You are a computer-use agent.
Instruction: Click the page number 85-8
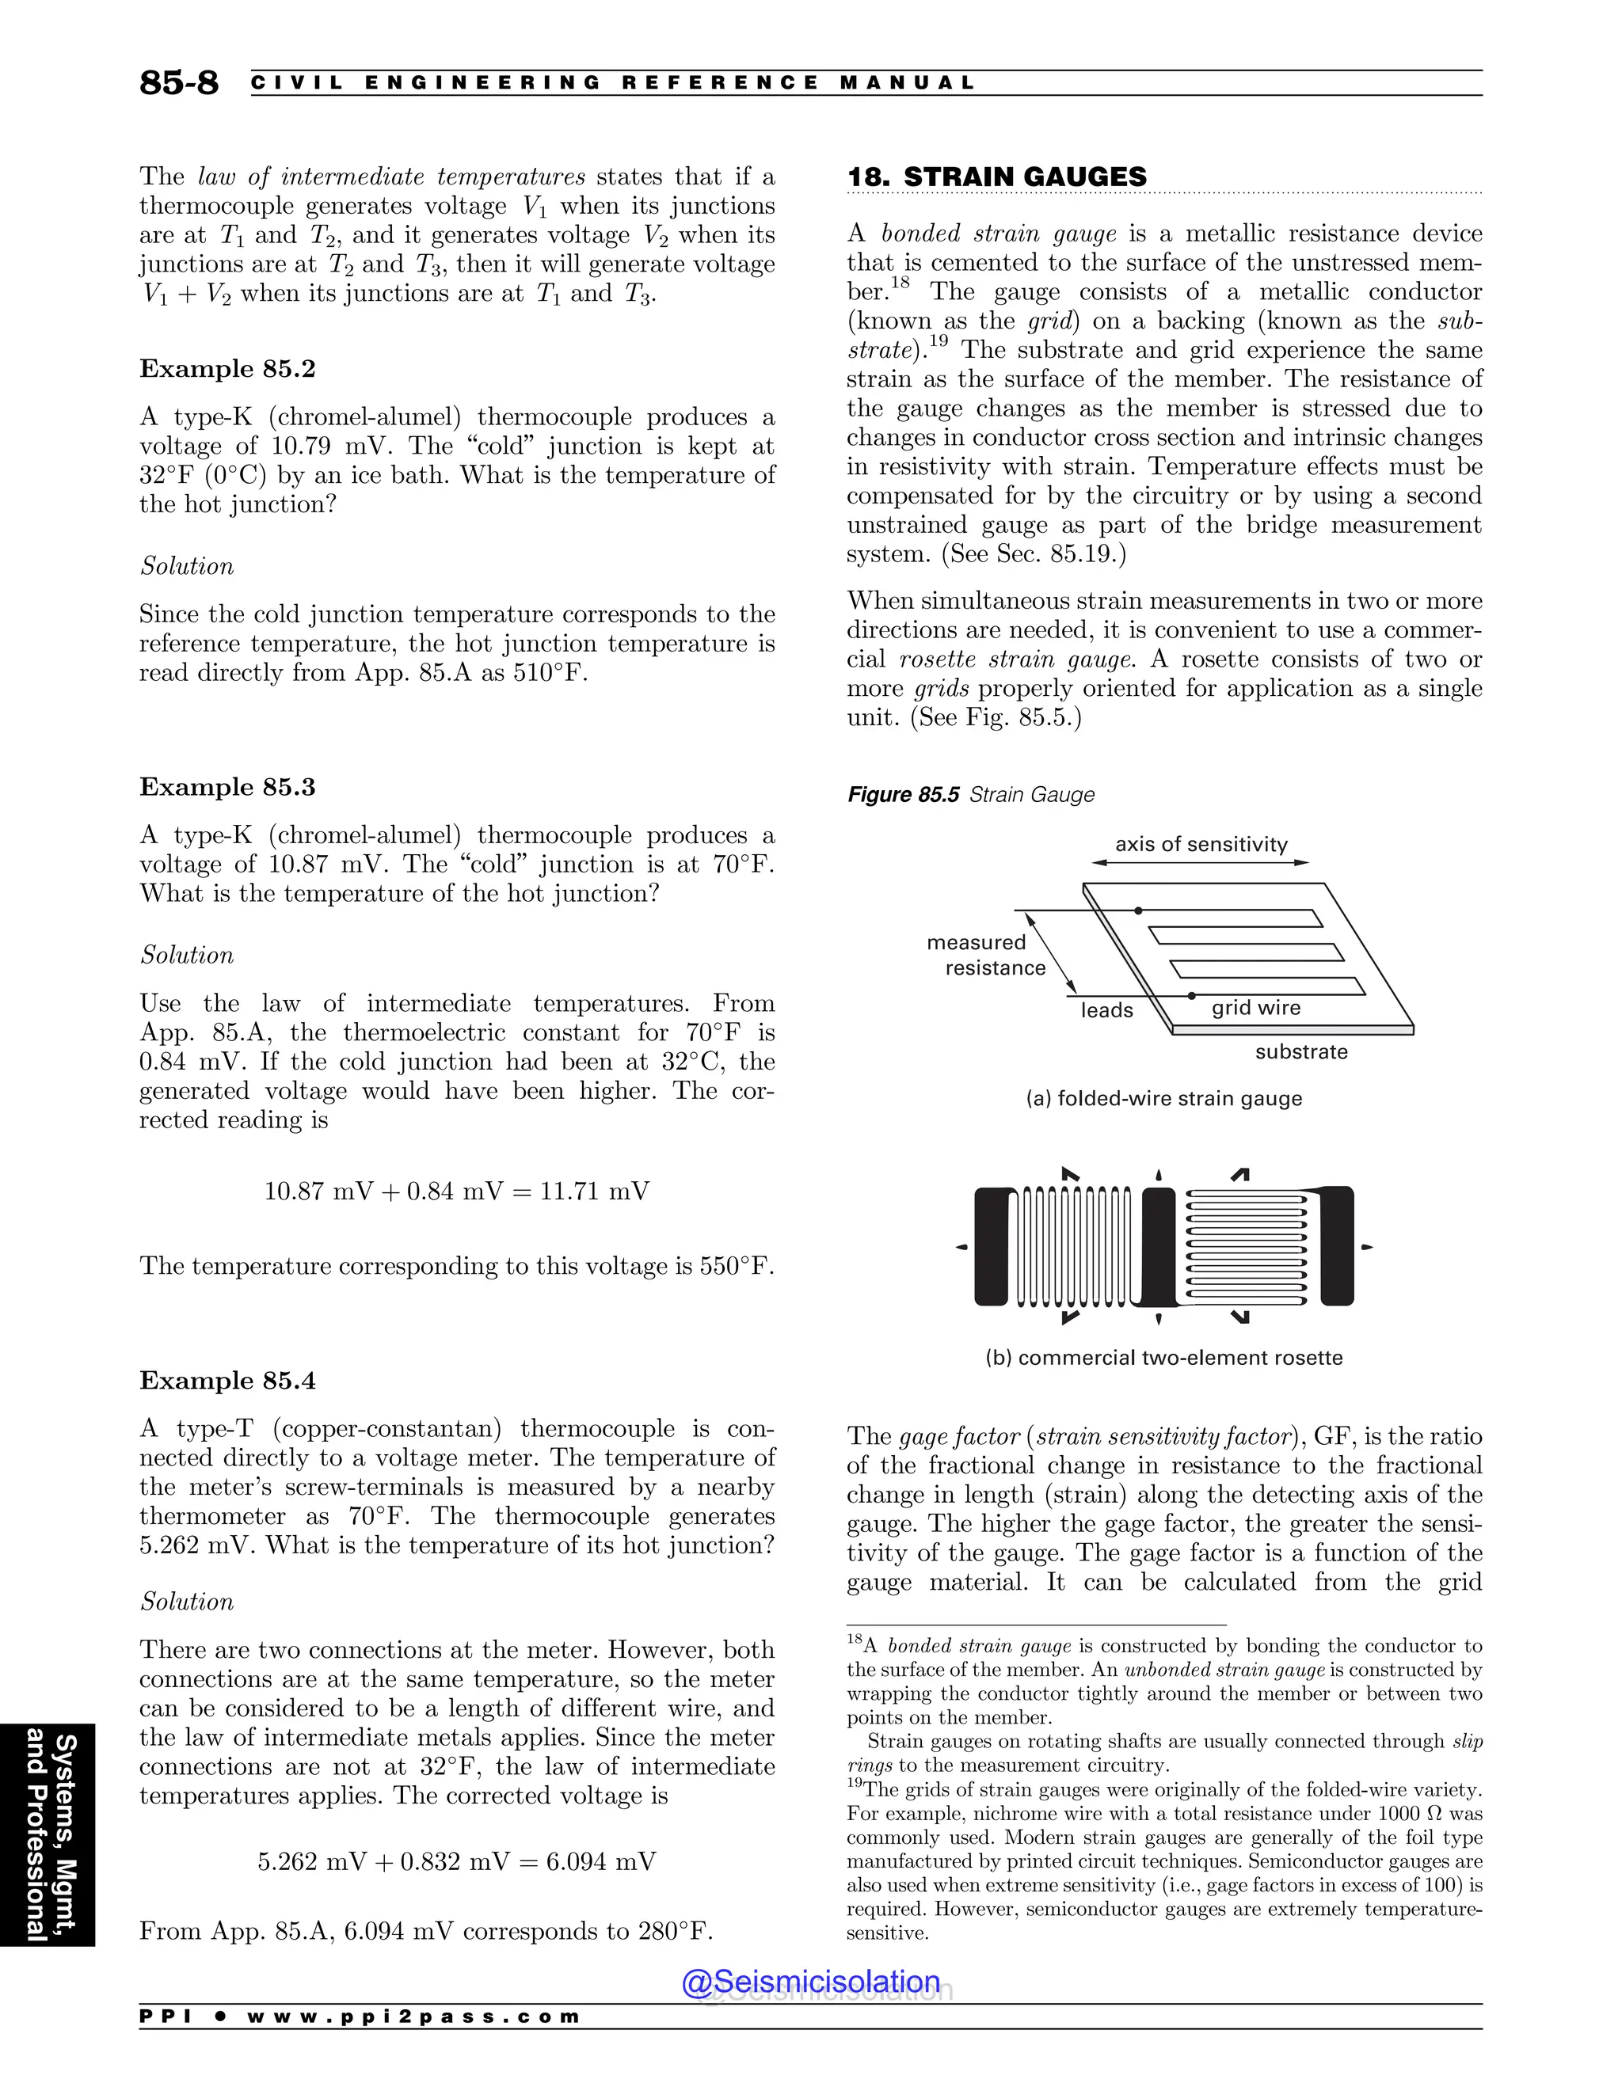pyautogui.click(x=179, y=82)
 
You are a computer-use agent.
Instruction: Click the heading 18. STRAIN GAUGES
pyautogui.click(x=996, y=177)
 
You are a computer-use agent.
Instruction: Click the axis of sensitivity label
pyautogui.click(x=1200, y=845)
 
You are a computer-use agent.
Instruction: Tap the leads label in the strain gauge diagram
pyautogui.click(x=1106, y=1010)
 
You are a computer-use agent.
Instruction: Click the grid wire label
pyautogui.click(x=1255, y=1008)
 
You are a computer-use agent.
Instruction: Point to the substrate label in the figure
pyautogui.click(x=1301, y=1052)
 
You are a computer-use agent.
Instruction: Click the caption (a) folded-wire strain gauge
pyautogui.click(x=1163, y=1098)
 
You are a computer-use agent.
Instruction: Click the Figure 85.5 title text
pyautogui.click(x=970, y=794)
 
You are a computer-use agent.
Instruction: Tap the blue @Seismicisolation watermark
pyautogui.click(x=810, y=1982)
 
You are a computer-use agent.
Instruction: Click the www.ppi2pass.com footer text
pyautogui.click(x=413, y=2017)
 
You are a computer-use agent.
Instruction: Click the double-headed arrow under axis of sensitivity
pyautogui.click(x=1200, y=863)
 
